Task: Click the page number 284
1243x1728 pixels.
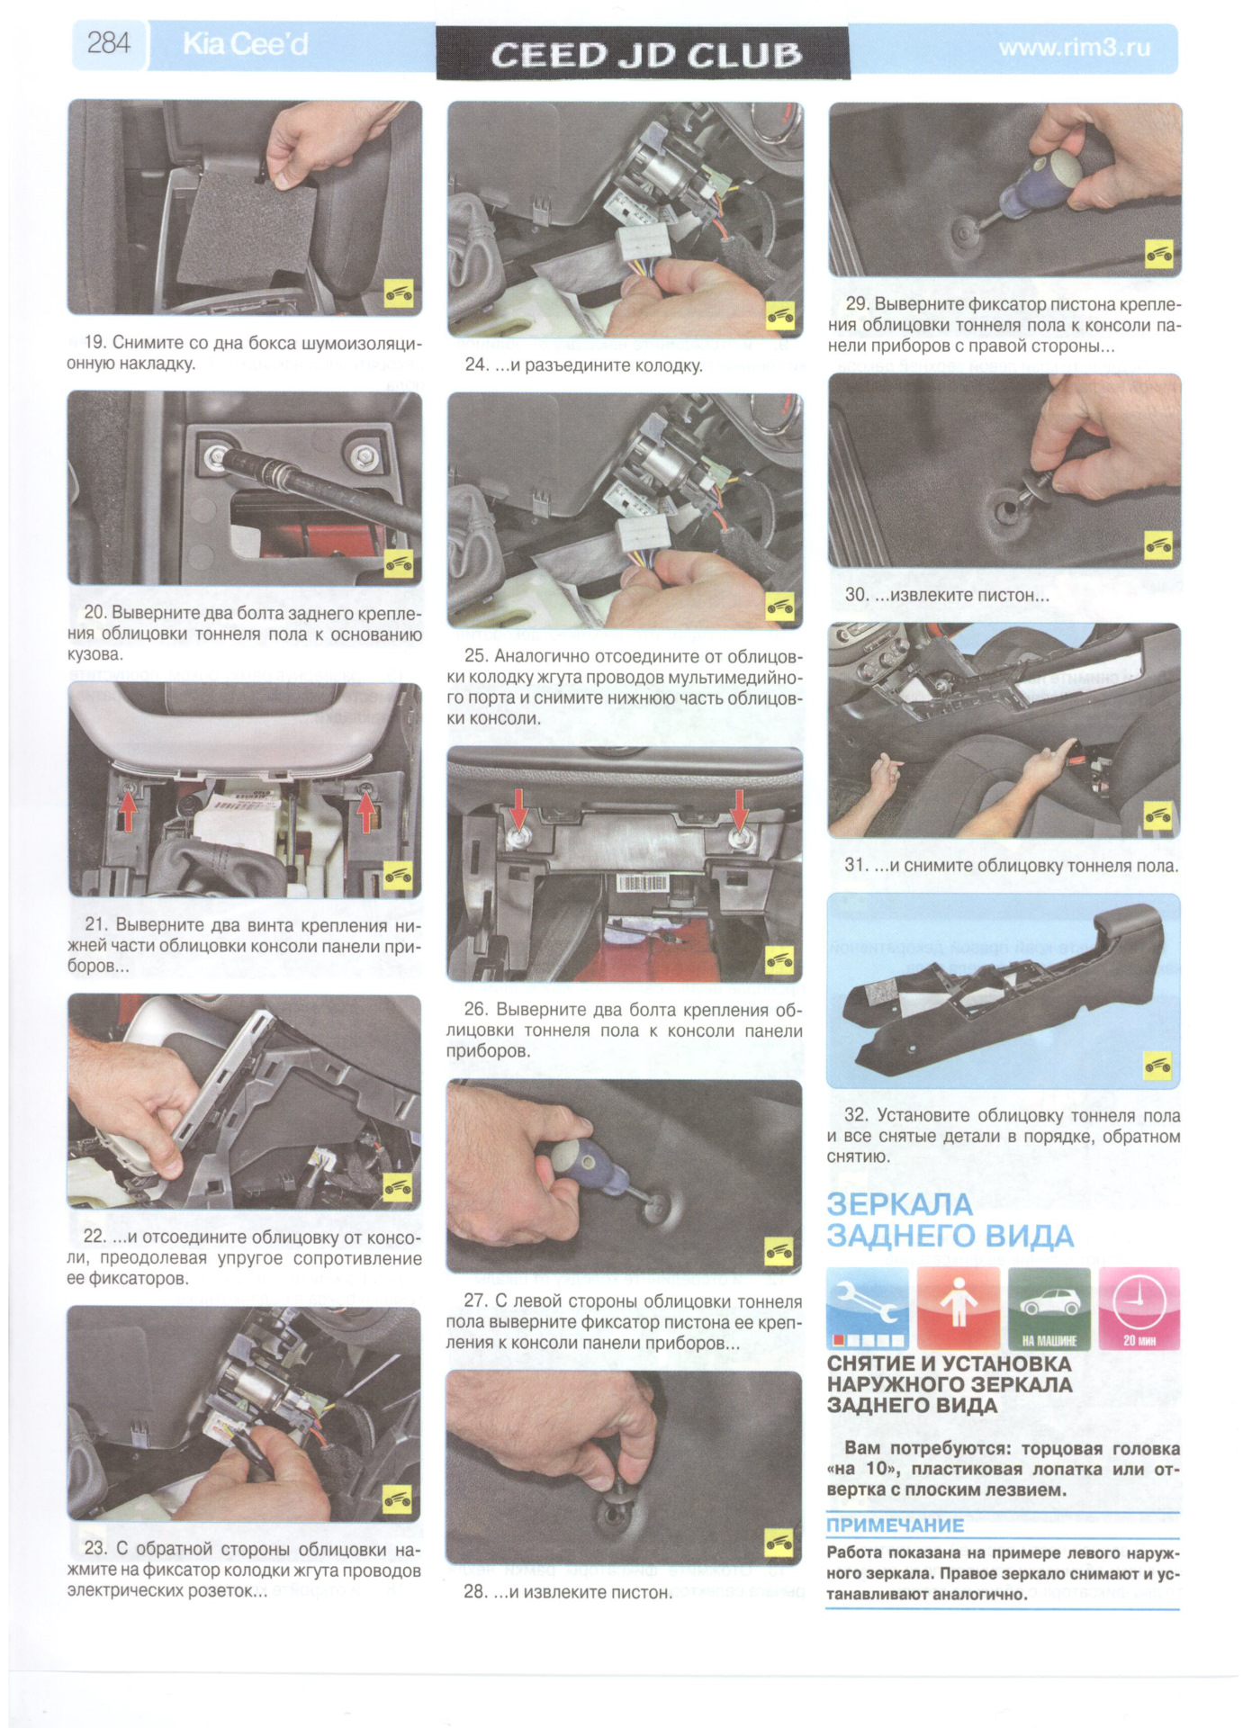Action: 109,43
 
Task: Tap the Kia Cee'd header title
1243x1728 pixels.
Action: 245,44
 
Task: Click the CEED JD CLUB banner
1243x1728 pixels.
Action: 644,54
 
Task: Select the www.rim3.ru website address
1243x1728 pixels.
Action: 1075,47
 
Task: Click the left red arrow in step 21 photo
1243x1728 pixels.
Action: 128,812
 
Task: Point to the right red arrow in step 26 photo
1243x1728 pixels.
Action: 739,808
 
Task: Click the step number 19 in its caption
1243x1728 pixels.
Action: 95,343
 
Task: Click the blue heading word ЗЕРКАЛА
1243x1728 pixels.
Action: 899,1204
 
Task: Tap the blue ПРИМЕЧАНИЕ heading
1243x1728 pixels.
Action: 895,1525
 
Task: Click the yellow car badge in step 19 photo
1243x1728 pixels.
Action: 399,293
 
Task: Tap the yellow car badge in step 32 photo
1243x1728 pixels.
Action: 1157,1066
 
